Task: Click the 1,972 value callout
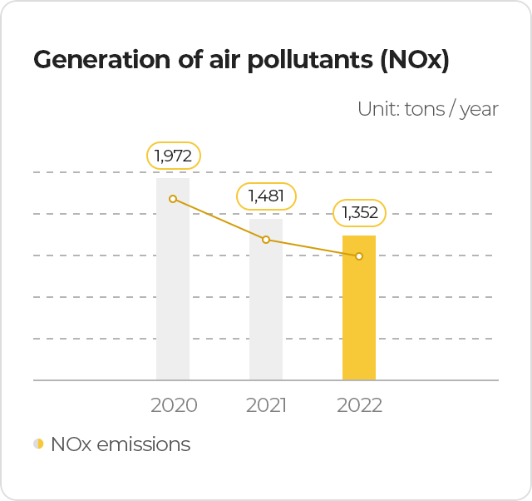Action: tap(174, 156)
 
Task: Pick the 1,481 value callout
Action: tap(266, 196)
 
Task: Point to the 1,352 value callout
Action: tap(360, 213)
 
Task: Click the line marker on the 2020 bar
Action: tap(173, 199)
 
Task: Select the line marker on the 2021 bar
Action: tap(266, 240)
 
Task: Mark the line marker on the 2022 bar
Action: tap(359, 256)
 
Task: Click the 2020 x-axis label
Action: tap(174, 405)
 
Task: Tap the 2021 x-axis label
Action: tap(266, 405)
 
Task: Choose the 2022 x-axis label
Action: tap(359, 405)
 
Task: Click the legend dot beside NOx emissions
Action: tap(38, 444)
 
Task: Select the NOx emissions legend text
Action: tap(121, 444)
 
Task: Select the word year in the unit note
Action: tap(480, 109)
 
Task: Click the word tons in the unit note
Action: tap(424, 109)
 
